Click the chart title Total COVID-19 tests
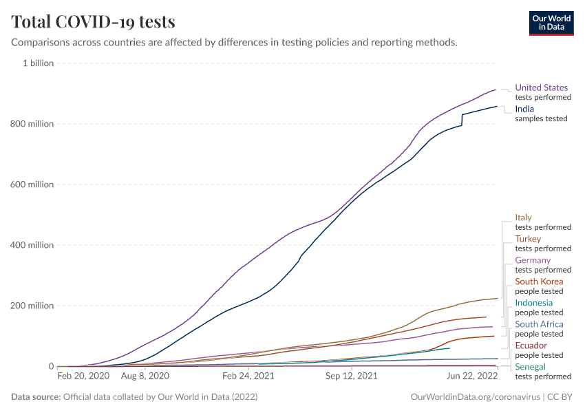(93, 21)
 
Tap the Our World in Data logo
(551, 23)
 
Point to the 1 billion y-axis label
(39, 63)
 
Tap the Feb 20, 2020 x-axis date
(83, 377)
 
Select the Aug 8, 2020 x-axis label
(145, 377)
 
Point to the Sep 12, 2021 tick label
(352, 377)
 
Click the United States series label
(542, 87)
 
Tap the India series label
(524, 109)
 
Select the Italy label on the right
(524, 218)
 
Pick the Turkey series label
(528, 239)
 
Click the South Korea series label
(539, 282)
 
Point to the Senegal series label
(530, 367)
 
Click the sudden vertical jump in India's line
(462, 120)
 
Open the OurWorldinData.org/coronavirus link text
(475, 397)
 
